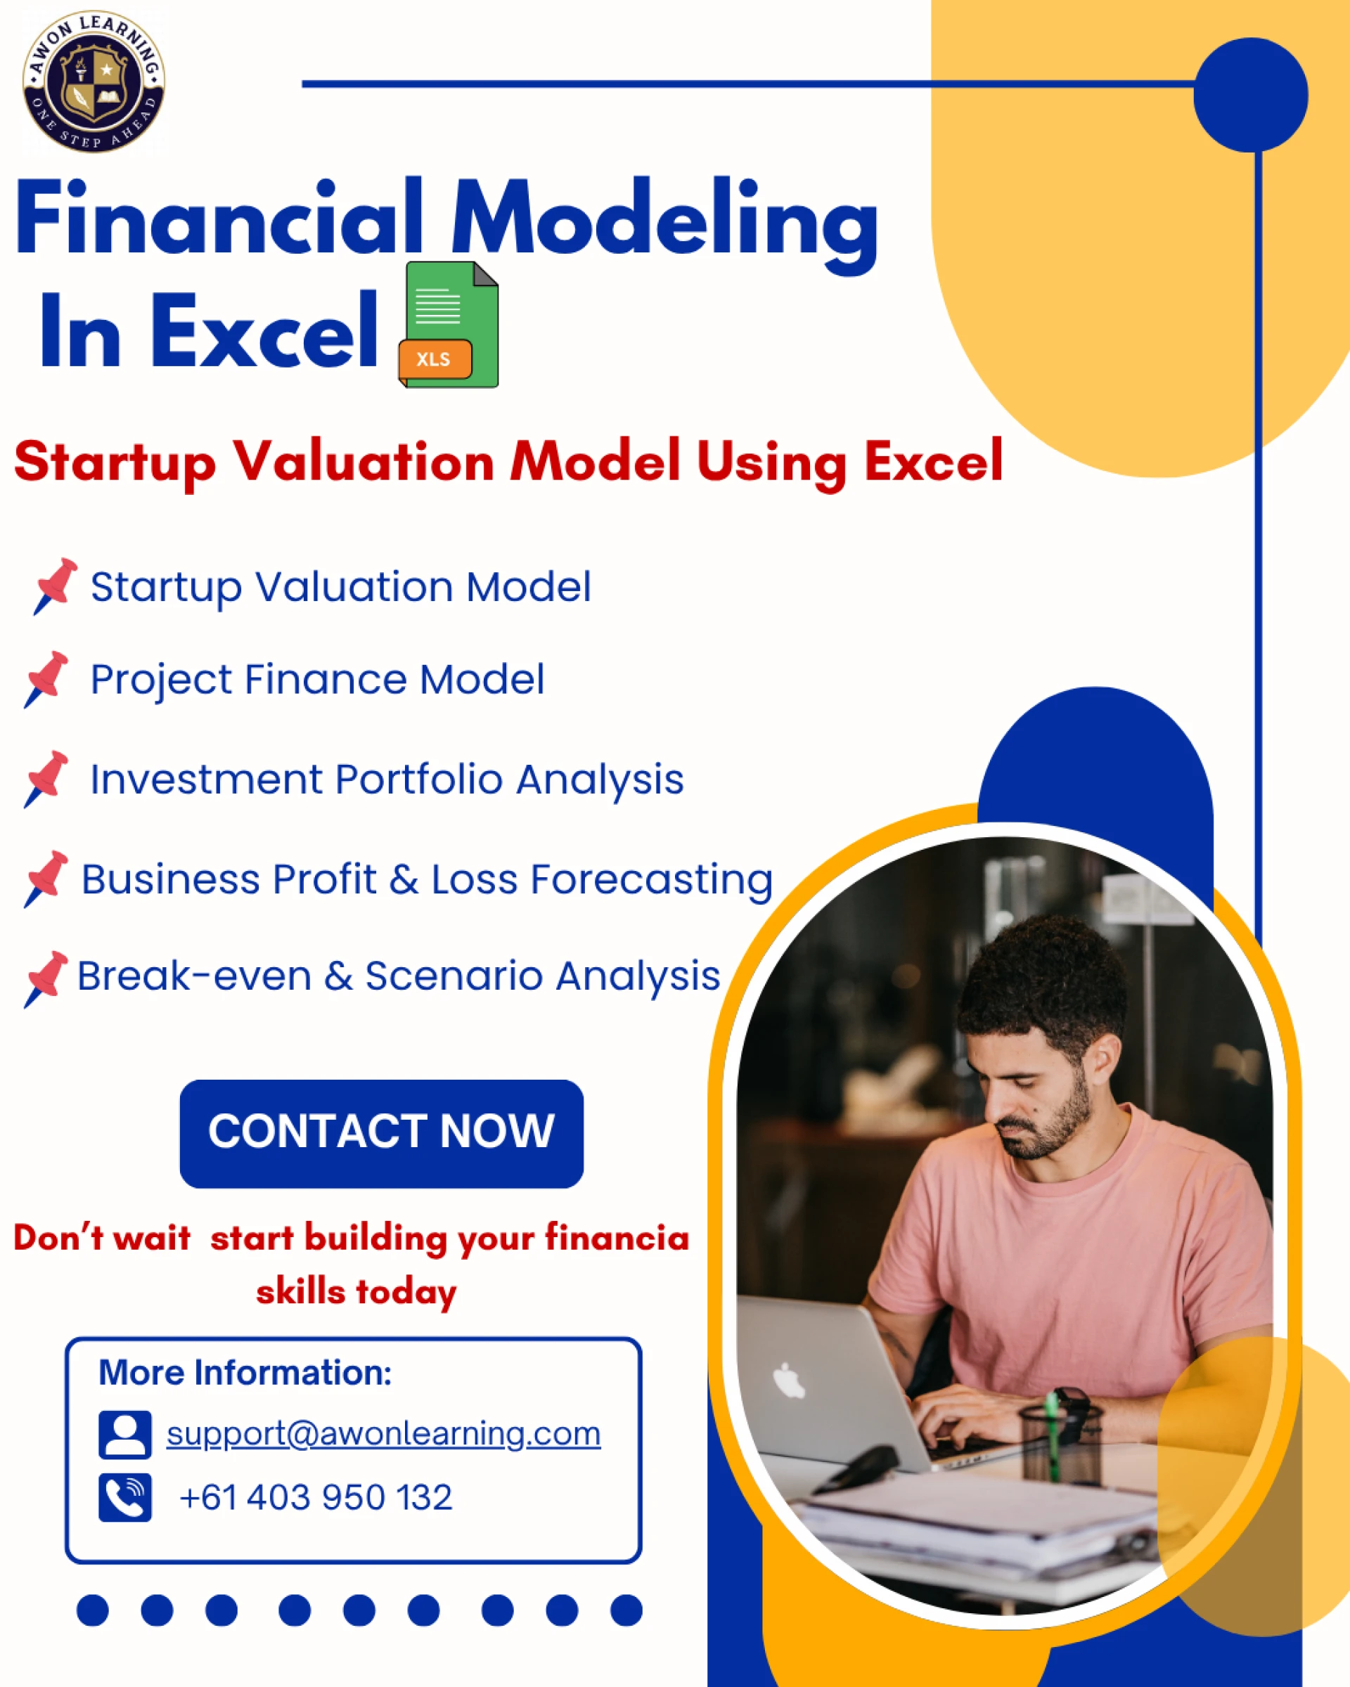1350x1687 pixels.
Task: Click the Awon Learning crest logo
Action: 94,82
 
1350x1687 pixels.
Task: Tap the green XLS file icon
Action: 449,325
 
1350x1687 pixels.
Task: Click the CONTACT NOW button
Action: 381,1134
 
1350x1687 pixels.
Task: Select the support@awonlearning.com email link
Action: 383,1433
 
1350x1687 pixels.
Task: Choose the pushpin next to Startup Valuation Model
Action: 55,586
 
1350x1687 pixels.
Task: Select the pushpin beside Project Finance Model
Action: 46,679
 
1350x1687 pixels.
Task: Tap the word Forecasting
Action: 652,880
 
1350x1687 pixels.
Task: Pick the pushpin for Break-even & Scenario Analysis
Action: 46,980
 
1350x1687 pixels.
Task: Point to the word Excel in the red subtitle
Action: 934,461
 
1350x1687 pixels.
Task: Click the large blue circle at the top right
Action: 1251,95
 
